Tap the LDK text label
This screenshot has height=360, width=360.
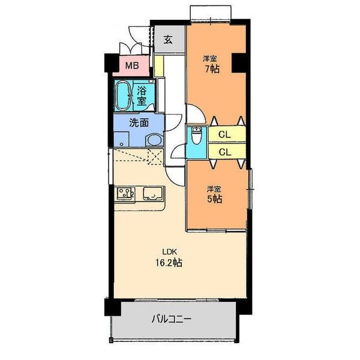coord(169,251)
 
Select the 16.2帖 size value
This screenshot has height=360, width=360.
coord(170,262)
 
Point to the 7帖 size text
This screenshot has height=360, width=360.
coord(210,69)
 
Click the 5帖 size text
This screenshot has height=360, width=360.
coord(214,199)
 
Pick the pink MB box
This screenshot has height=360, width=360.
coord(132,65)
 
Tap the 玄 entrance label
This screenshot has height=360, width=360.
coord(168,40)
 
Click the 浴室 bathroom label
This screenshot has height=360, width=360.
coord(142,96)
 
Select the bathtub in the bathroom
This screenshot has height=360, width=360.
coord(124,95)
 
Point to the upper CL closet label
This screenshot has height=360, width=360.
coord(225,134)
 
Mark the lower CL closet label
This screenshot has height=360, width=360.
coord(225,152)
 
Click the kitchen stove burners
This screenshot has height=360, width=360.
coord(125,193)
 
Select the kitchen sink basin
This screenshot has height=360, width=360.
coord(153,194)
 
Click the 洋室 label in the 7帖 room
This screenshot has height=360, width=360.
coord(209,58)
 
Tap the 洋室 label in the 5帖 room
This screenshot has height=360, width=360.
coord(214,188)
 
